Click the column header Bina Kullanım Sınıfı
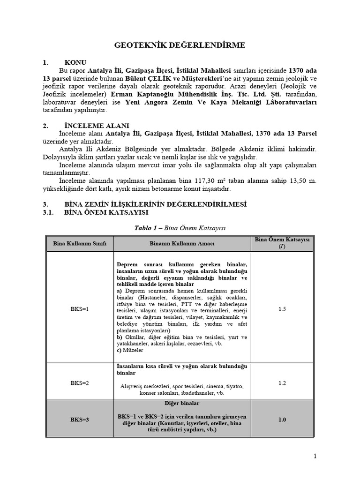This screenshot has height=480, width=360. click(79, 244)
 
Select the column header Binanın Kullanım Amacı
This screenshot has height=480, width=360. click(182, 244)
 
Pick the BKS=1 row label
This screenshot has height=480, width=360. click(79, 309)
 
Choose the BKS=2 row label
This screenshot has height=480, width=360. click(79, 383)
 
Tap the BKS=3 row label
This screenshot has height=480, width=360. click(79, 420)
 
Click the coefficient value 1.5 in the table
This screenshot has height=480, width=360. click(282, 309)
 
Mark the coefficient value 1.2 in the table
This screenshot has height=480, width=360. click(282, 383)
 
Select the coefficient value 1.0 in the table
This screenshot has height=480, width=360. click(282, 420)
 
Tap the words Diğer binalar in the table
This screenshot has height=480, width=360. click(182, 403)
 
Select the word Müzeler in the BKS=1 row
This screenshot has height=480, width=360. click(134, 350)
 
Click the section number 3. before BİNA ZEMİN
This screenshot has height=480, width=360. click(45, 204)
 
